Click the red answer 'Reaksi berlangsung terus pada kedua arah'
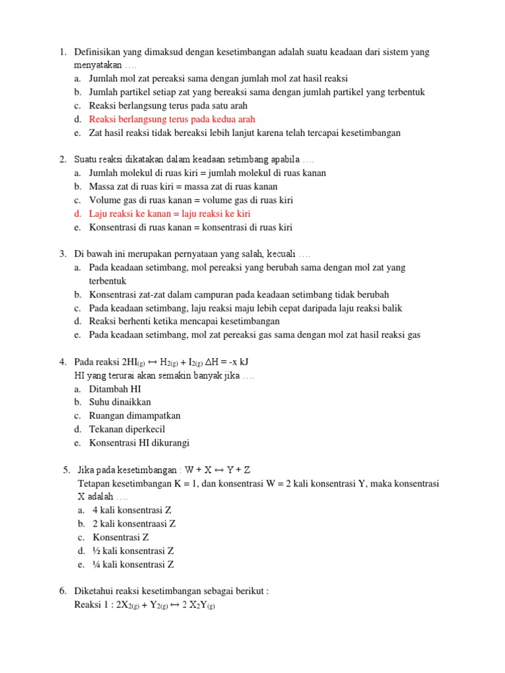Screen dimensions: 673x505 point(172,119)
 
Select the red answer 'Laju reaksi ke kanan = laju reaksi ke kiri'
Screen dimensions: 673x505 point(170,214)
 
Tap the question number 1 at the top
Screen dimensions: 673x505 point(62,52)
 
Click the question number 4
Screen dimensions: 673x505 point(62,362)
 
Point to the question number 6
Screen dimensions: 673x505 point(62,591)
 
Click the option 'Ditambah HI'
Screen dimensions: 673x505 point(115,389)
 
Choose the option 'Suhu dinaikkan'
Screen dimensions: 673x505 point(120,402)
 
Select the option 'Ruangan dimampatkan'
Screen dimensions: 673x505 point(135,416)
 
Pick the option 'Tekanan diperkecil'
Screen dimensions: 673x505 point(127,429)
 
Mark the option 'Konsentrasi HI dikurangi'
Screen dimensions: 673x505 point(139,443)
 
